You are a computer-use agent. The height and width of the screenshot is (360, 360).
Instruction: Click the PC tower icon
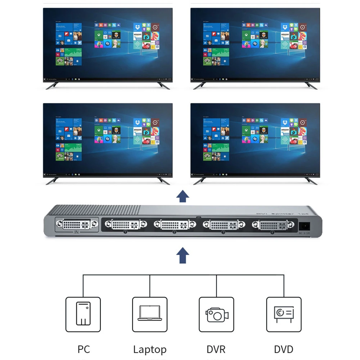tap(83, 314)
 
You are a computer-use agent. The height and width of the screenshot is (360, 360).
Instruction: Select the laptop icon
tap(150, 314)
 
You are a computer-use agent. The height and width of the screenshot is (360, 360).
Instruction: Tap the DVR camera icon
tap(217, 314)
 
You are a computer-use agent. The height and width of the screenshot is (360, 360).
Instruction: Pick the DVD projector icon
tap(284, 314)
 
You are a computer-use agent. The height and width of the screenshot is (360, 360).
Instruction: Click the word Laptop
tap(150, 349)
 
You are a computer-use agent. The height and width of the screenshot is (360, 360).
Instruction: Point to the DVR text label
tap(216, 349)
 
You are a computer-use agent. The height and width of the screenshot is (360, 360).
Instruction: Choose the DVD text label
tap(284, 349)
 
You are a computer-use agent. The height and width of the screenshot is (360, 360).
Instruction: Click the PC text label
tap(84, 349)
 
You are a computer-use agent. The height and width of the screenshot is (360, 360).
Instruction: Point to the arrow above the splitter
tap(183, 197)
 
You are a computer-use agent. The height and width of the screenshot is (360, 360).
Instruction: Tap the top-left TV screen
tap(108, 44)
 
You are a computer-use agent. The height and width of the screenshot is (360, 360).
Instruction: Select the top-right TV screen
tap(255, 44)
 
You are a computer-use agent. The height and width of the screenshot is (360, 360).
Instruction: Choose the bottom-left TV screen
tap(108, 139)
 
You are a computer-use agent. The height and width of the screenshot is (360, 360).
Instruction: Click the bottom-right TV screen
tap(255, 139)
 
